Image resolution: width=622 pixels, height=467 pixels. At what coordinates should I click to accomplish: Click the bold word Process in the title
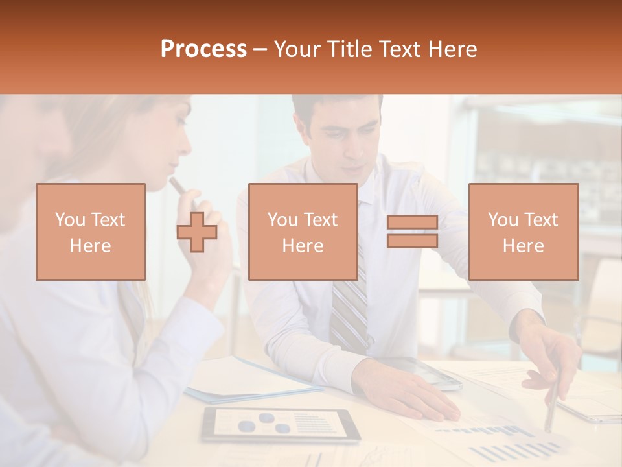(x=203, y=49)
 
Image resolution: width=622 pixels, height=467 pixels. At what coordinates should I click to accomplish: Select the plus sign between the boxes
(x=197, y=232)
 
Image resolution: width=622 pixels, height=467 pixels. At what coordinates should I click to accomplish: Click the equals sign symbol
(x=412, y=232)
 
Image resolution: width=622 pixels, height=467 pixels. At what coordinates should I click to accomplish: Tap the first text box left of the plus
(x=91, y=232)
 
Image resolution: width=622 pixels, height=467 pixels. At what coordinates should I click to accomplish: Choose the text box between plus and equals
(x=303, y=232)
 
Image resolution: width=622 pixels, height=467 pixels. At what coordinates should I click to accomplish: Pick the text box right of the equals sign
(x=523, y=232)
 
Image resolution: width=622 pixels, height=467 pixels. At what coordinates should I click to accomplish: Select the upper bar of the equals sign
(x=412, y=222)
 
